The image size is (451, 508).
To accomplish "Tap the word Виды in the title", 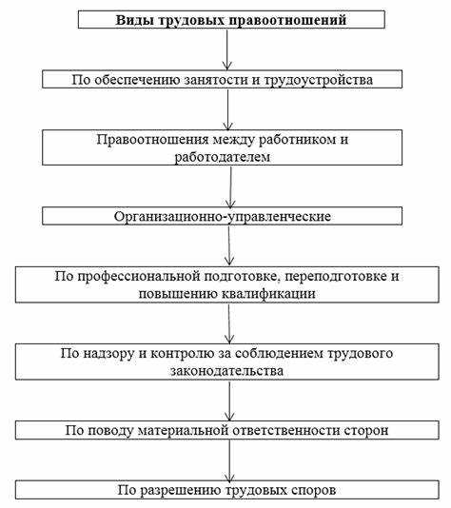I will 134,20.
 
